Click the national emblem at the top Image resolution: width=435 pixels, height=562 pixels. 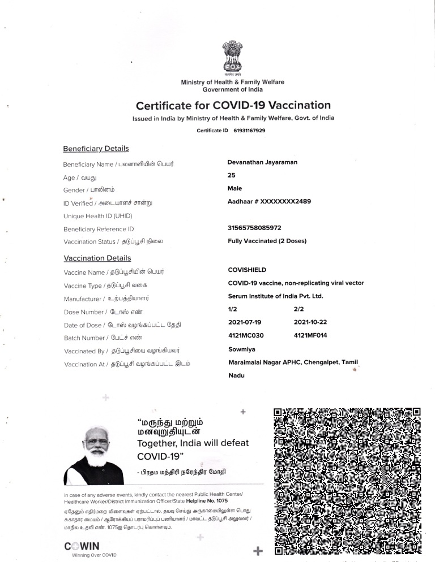232,57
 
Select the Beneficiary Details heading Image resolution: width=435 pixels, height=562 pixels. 96,149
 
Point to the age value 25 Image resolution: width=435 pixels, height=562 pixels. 231,175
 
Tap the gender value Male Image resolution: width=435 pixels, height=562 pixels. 234,188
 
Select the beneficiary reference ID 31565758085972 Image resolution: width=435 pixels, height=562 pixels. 254,228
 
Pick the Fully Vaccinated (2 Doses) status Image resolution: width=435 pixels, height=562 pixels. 267,241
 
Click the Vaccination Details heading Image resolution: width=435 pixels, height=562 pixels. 97,258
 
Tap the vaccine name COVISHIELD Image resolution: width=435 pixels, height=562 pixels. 247,270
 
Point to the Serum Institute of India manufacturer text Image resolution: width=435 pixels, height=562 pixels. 275,296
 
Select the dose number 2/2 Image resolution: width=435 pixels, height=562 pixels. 299,309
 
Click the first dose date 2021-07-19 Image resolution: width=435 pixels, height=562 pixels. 245,322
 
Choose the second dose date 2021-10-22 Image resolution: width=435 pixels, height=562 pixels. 310,322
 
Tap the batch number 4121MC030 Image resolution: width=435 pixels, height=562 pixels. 246,335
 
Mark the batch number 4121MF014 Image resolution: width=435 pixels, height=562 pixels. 310,335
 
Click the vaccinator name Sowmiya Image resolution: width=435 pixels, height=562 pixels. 241,349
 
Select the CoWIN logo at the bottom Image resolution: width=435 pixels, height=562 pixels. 83,546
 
